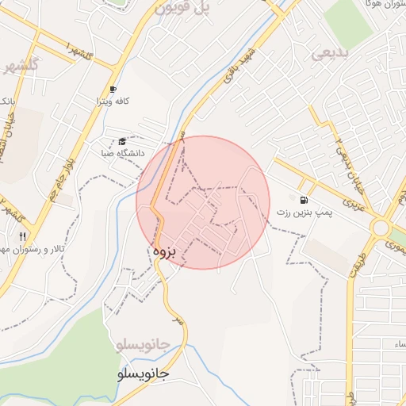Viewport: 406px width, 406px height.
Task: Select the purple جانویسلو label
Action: pos(143,346)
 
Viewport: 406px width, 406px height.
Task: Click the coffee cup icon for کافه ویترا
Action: pos(113,89)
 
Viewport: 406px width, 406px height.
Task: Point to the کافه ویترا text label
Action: pos(113,101)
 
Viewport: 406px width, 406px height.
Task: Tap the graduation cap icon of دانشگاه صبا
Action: pos(122,140)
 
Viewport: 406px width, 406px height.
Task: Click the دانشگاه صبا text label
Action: pos(121,152)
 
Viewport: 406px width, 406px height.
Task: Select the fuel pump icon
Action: pos(304,199)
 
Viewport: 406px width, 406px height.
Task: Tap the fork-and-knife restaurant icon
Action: pos(22,236)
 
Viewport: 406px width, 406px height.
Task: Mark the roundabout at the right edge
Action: pos(381,228)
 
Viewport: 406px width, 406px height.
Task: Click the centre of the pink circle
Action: pos(204,202)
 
